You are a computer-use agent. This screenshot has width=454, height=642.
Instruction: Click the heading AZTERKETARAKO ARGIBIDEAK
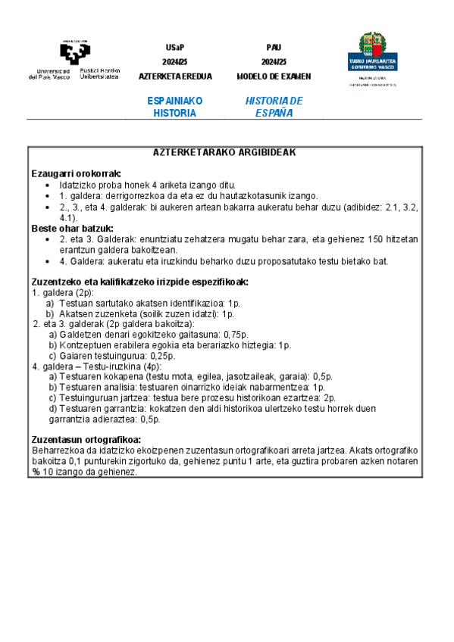tap(224, 151)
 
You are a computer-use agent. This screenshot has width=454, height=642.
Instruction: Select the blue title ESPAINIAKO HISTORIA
tap(175, 107)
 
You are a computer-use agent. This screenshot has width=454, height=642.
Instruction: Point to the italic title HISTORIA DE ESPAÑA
tap(274, 107)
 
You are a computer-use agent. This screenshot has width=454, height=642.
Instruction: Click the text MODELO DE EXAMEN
tap(274, 76)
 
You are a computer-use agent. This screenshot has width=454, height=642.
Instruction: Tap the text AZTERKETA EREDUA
tap(175, 76)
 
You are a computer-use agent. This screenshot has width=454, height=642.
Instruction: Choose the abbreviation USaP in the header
tap(175, 47)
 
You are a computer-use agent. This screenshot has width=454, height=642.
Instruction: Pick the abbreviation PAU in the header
tap(274, 47)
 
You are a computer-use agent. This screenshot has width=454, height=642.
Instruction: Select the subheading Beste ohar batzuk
tap(72, 228)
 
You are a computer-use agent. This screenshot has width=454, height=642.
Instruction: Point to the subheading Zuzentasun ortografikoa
tap(86, 439)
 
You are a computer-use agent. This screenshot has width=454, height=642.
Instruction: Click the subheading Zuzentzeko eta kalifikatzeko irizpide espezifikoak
tap(139, 282)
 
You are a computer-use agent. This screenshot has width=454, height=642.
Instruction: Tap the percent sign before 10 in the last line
tap(35, 472)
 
